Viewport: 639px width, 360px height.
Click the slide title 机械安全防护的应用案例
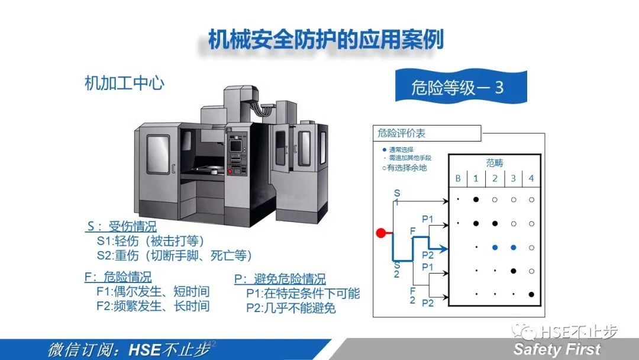(325, 40)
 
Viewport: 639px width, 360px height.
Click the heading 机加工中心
(124, 83)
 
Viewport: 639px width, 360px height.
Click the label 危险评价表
(402, 134)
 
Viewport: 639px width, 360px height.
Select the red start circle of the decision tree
(382, 233)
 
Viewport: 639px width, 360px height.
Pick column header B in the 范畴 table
(458, 178)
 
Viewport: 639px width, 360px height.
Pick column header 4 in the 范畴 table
(531, 178)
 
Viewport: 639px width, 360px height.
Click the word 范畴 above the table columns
(495, 163)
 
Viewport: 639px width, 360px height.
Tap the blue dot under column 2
(495, 247)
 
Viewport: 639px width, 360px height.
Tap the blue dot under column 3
(513, 247)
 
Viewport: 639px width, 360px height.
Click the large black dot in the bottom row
(531, 294)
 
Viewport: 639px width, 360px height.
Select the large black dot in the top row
(476, 200)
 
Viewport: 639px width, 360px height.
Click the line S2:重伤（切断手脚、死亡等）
(175, 255)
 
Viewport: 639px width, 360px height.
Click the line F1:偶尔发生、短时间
(153, 291)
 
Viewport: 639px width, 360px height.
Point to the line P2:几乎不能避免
(291, 308)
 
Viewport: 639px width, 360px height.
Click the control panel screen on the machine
(235, 146)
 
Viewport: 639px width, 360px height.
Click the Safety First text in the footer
(557, 349)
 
